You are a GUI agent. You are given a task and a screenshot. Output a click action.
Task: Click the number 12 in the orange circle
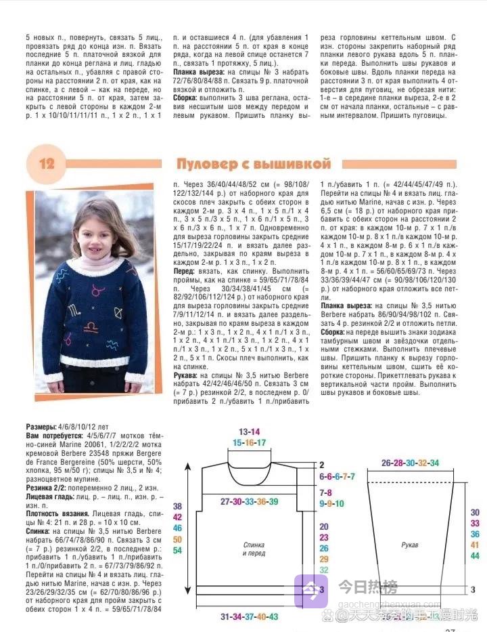tap(46, 164)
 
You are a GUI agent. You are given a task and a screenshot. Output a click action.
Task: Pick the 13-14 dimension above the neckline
tap(249, 431)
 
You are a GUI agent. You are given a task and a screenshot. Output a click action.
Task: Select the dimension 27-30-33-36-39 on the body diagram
tap(249, 502)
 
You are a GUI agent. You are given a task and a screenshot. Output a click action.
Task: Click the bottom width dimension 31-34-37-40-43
tap(249, 617)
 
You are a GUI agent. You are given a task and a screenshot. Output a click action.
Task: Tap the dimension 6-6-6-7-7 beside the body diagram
tap(337, 477)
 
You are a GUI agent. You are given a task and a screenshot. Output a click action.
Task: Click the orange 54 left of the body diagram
tap(178, 550)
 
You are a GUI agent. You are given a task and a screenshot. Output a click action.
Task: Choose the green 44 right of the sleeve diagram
tap(475, 555)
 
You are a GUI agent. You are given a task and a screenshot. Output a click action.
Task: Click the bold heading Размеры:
tap(41, 427)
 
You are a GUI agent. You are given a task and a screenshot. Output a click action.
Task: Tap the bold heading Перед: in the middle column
tap(185, 269)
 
